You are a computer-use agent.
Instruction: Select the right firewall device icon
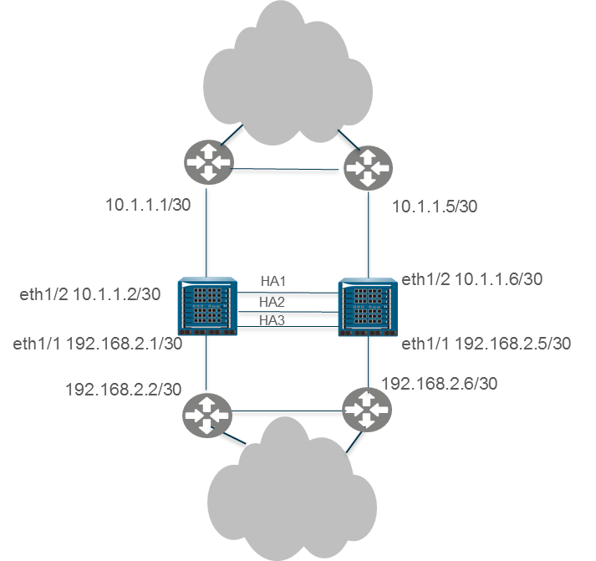click(369, 307)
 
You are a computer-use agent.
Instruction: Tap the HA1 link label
click(273, 283)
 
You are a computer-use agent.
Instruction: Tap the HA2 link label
click(273, 302)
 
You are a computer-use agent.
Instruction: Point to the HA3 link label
click(273, 320)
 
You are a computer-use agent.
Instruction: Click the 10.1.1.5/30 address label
click(435, 206)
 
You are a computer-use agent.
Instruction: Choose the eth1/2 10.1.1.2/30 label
click(90, 294)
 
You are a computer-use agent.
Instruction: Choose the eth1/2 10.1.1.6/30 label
click(471, 279)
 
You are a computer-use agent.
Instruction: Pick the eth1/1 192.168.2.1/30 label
click(98, 344)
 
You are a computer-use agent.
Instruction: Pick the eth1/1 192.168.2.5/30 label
click(486, 344)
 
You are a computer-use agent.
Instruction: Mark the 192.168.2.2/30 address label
click(124, 389)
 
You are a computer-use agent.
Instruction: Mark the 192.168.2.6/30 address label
click(440, 384)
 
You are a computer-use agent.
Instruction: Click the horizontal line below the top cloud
click(286, 172)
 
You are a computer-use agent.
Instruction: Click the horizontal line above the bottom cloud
click(286, 413)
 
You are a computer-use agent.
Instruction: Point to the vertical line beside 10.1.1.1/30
click(207, 234)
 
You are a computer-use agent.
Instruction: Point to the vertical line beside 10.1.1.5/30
click(369, 234)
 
